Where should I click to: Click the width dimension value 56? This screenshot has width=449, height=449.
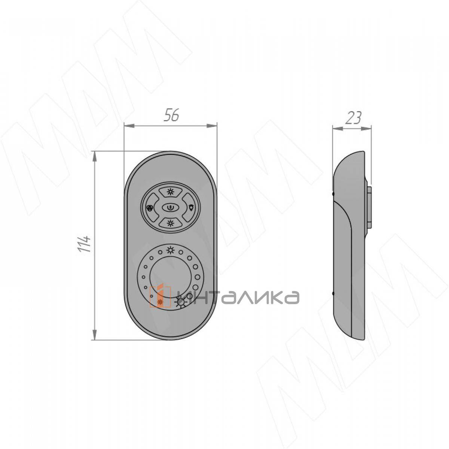pyautogui.click(x=171, y=116)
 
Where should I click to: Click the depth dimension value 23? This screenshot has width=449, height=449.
pyautogui.click(x=353, y=117)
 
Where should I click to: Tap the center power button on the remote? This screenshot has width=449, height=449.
pyautogui.click(x=170, y=207)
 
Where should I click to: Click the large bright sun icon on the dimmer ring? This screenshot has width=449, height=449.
pyautogui.click(x=180, y=303)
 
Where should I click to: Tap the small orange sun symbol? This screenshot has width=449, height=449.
pyautogui.click(x=160, y=302)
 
